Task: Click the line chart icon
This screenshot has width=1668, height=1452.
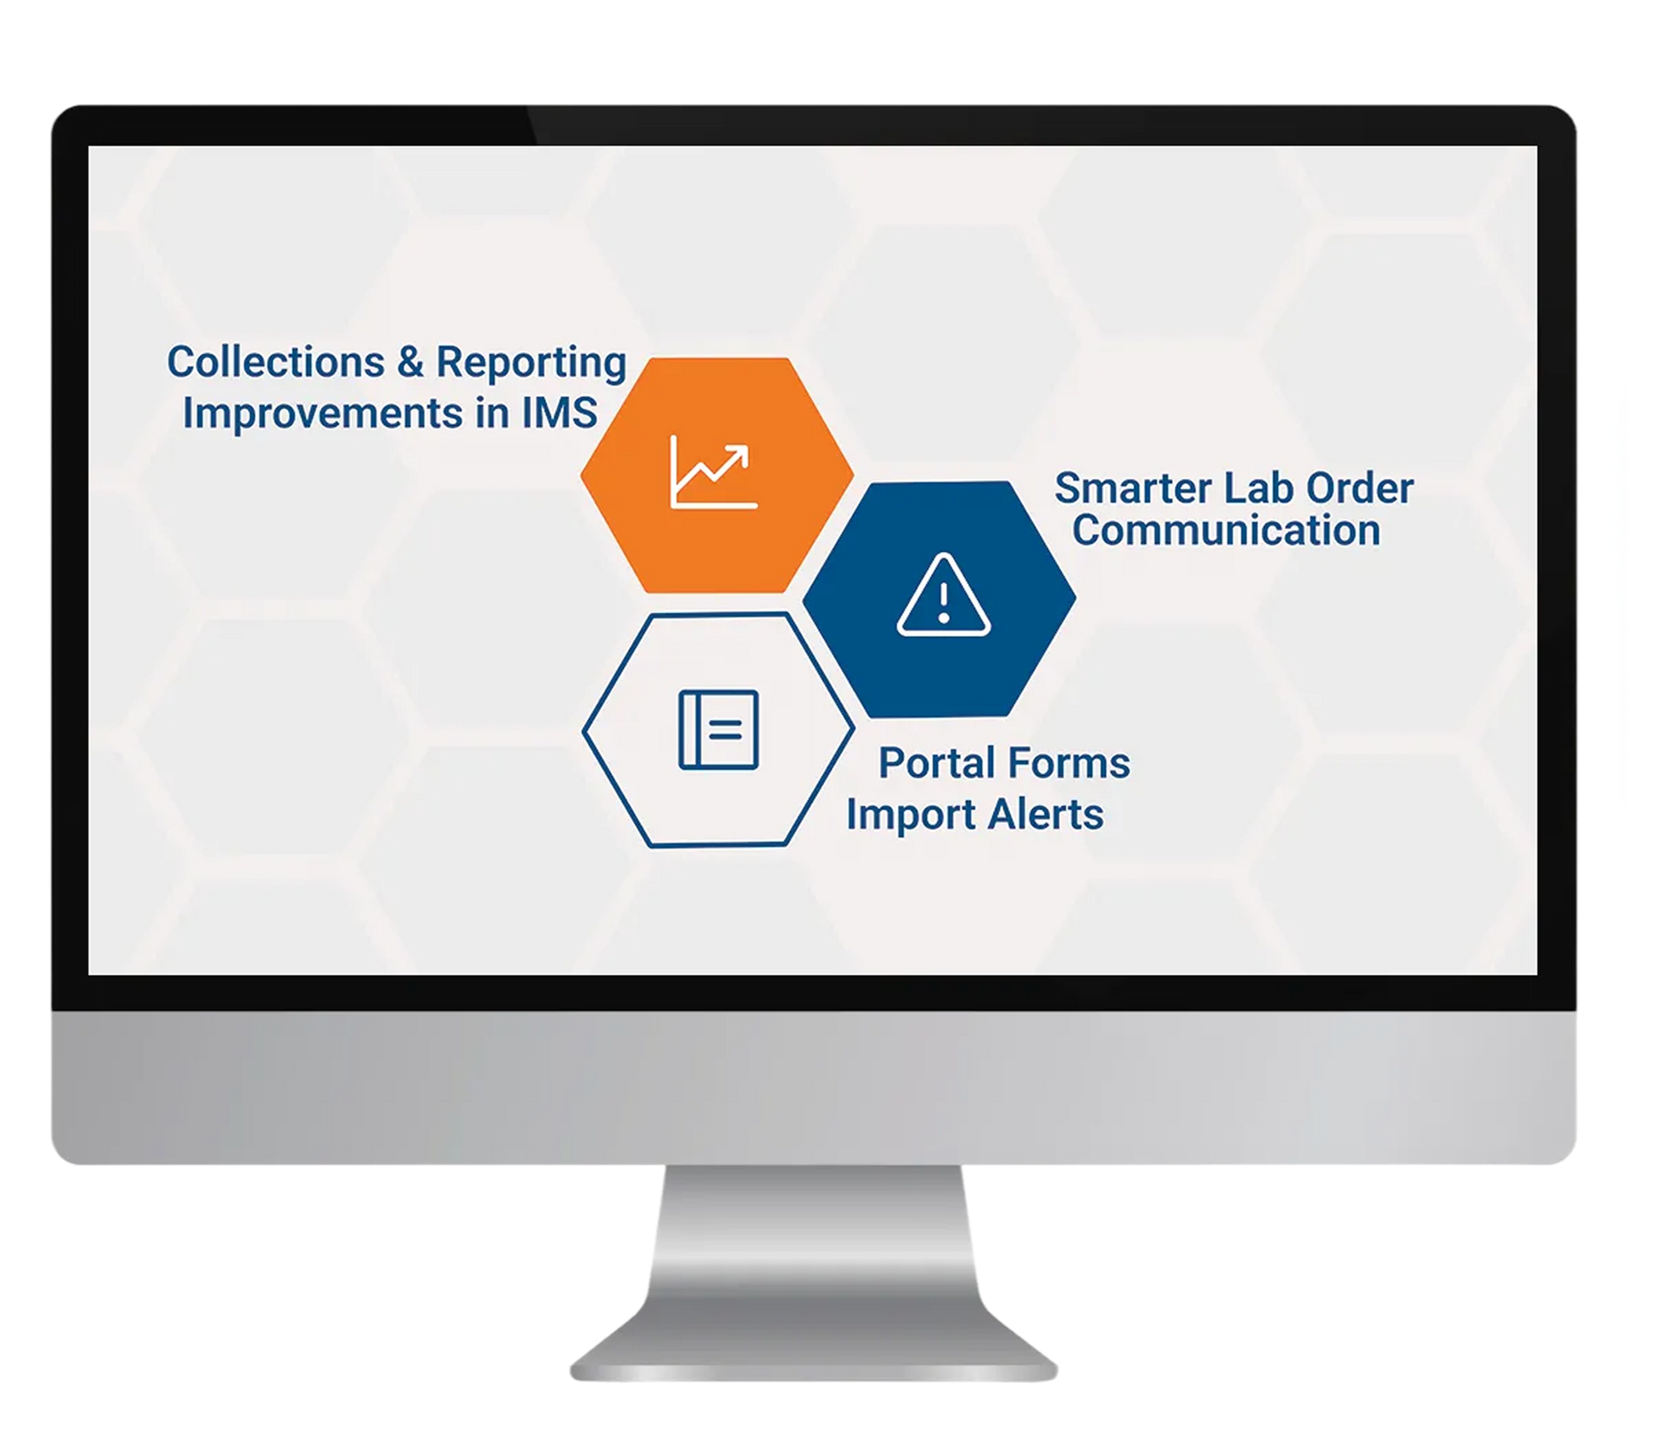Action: pyautogui.click(x=713, y=473)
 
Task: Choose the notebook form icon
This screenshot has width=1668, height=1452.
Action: pyautogui.click(x=718, y=729)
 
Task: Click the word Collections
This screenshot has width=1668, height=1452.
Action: pyautogui.click(x=275, y=361)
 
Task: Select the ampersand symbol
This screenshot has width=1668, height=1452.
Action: pyautogui.click(x=410, y=362)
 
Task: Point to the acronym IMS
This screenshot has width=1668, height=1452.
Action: pyautogui.click(x=559, y=412)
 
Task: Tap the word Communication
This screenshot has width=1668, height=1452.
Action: pyautogui.click(x=1226, y=530)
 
